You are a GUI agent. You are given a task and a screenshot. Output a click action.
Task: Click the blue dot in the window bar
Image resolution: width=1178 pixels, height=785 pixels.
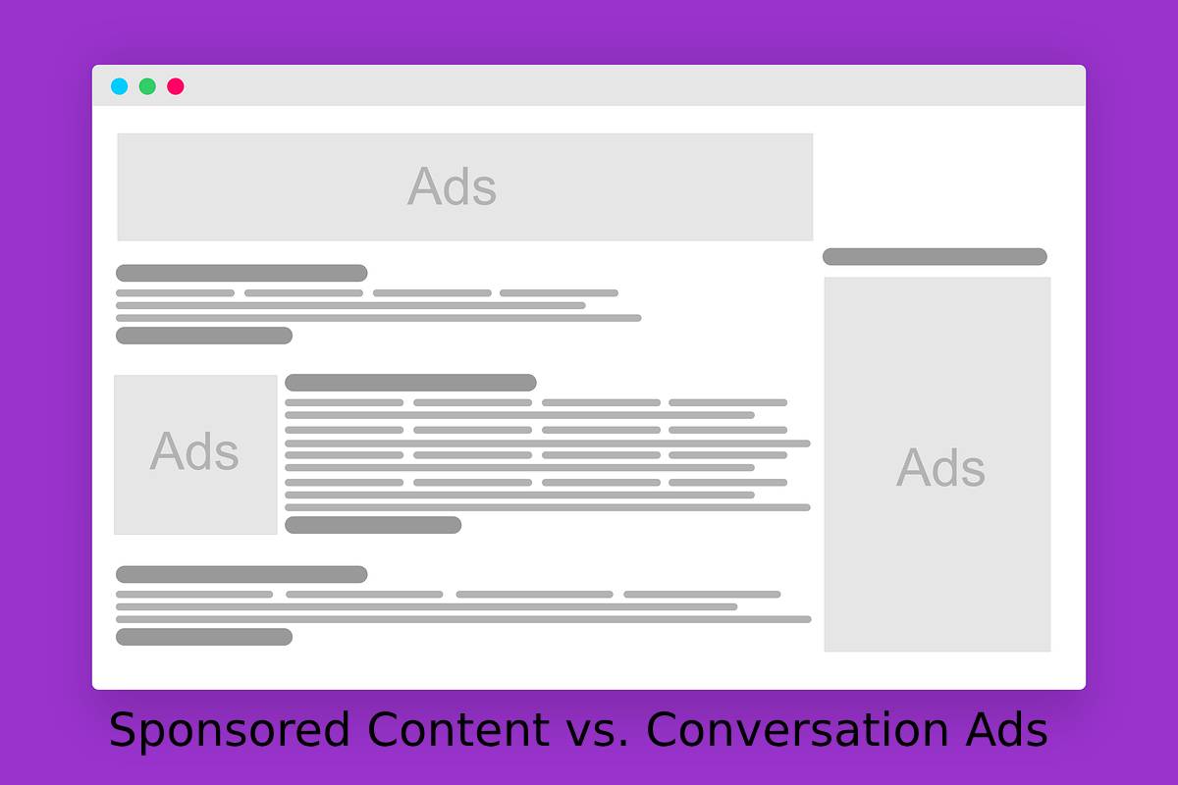(x=120, y=86)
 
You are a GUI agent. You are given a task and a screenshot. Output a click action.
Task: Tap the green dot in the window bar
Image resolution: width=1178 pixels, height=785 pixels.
(x=147, y=86)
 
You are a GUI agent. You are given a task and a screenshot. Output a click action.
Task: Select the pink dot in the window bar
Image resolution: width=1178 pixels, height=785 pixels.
(x=176, y=86)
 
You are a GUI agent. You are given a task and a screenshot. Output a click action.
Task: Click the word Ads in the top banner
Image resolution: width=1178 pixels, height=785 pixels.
(x=452, y=186)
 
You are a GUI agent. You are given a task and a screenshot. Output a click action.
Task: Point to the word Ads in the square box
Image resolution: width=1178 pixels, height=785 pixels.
(x=194, y=451)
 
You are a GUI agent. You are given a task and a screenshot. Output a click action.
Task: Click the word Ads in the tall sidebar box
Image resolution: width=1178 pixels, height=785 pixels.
(x=940, y=467)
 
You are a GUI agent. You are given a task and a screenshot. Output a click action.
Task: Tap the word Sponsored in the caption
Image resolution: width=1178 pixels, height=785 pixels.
(x=230, y=730)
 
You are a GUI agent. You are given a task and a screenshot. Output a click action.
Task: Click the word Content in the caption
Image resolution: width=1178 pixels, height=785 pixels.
(x=458, y=729)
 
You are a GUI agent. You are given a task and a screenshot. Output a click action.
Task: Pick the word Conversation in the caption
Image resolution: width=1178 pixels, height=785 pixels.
(x=797, y=729)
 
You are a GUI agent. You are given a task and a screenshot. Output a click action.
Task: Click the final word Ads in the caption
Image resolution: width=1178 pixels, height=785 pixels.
(x=1006, y=729)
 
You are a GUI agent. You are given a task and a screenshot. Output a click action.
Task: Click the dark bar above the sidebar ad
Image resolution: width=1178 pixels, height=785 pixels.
(x=935, y=256)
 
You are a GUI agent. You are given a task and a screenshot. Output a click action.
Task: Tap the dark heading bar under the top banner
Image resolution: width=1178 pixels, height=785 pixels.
(x=241, y=273)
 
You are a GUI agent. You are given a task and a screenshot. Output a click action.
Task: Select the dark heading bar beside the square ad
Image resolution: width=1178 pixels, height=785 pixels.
(x=410, y=383)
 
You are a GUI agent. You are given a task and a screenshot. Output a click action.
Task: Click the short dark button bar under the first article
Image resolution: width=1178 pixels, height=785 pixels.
(x=204, y=336)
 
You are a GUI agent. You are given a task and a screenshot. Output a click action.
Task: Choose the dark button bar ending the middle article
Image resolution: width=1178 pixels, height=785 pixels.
(x=373, y=525)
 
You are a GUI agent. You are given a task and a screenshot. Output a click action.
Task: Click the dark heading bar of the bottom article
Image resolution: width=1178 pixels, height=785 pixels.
(x=241, y=574)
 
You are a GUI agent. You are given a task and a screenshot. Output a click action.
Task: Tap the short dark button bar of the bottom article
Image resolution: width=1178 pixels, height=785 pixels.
(x=204, y=637)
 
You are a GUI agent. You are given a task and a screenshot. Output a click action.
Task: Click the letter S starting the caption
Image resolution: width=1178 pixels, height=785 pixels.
(x=123, y=729)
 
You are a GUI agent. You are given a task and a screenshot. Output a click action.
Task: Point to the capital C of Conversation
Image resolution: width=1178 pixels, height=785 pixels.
(x=663, y=729)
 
